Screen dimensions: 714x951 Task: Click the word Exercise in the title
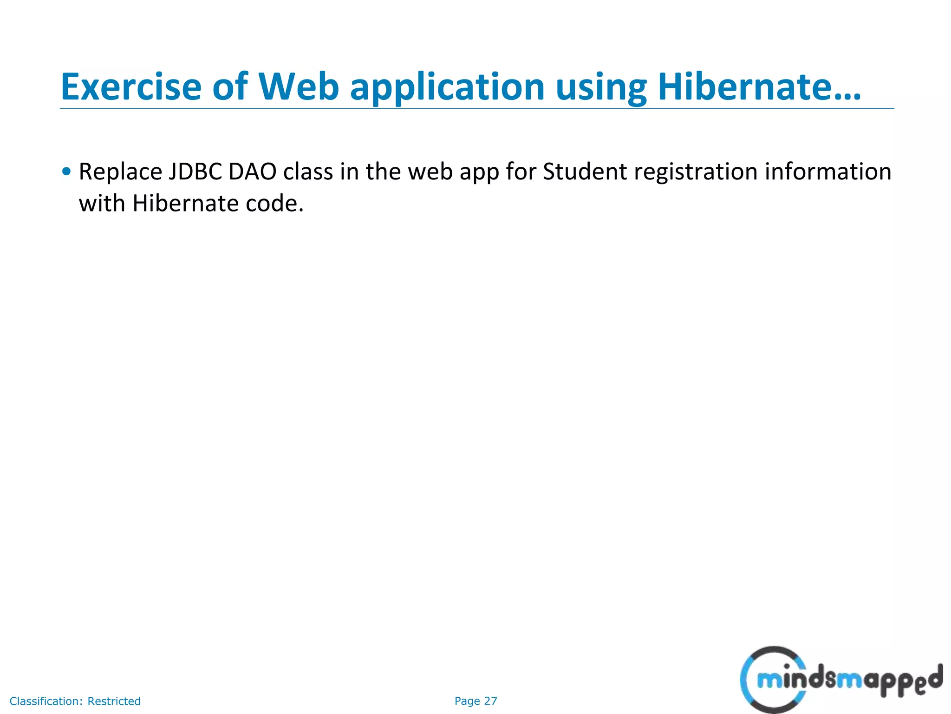coord(131,87)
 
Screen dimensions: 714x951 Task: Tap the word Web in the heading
coord(299,87)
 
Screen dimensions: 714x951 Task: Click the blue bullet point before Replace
coord(66,171)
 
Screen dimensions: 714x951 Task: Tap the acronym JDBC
coord(195,172)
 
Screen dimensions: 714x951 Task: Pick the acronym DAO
coord(253,172)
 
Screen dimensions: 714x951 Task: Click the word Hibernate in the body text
coord(185,204)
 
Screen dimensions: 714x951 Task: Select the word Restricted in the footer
coord(114,701)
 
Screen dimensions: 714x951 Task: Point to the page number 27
coord(490,701)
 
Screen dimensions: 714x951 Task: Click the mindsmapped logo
coord(840,680)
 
